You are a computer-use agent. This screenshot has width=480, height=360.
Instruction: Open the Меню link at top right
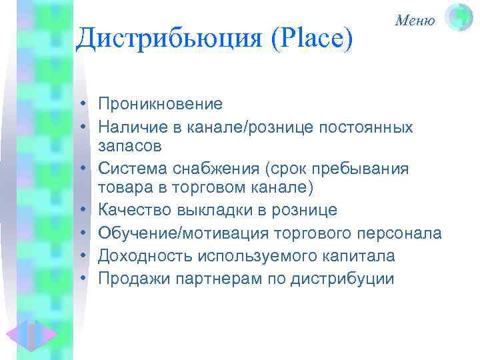pyautogui.click(x=415, y=21)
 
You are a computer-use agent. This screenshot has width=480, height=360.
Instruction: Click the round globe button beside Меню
pyautogui.click(x=459, y=17)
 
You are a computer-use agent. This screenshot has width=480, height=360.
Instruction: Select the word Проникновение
pyautogui.click(x=160, y=104)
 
